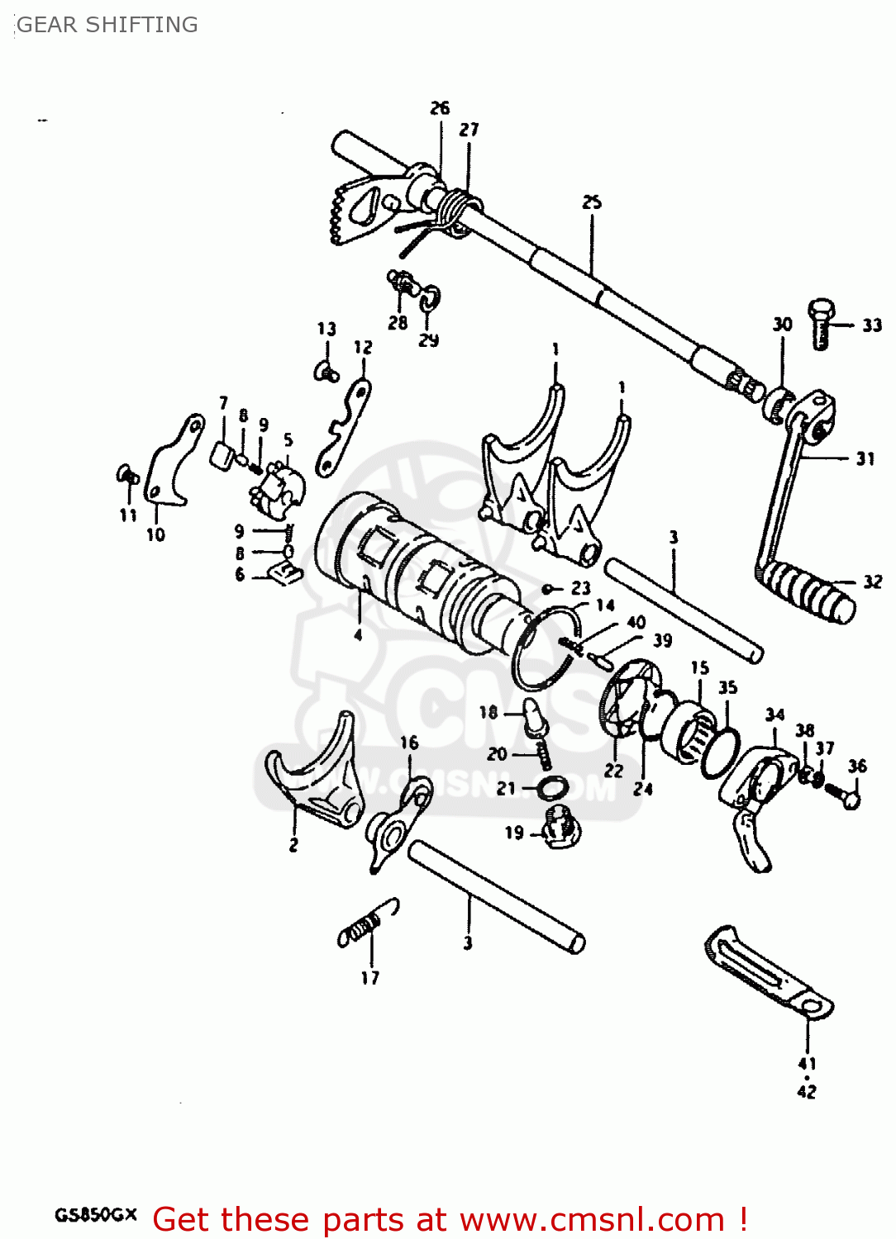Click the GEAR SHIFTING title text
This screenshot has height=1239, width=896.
pos(107,25)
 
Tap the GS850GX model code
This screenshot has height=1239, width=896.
pos(96,1215)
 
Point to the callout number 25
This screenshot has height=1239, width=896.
pos(592,202)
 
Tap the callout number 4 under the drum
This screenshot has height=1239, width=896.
pos(358,634)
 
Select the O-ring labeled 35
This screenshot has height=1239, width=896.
pos(720,752)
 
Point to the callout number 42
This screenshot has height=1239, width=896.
pos(807,1091)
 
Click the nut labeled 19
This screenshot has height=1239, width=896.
pos(560,826)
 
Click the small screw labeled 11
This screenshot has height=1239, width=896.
pos(126,474)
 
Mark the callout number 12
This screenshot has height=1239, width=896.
pos(363,348)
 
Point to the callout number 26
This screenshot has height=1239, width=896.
pos(440,108)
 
